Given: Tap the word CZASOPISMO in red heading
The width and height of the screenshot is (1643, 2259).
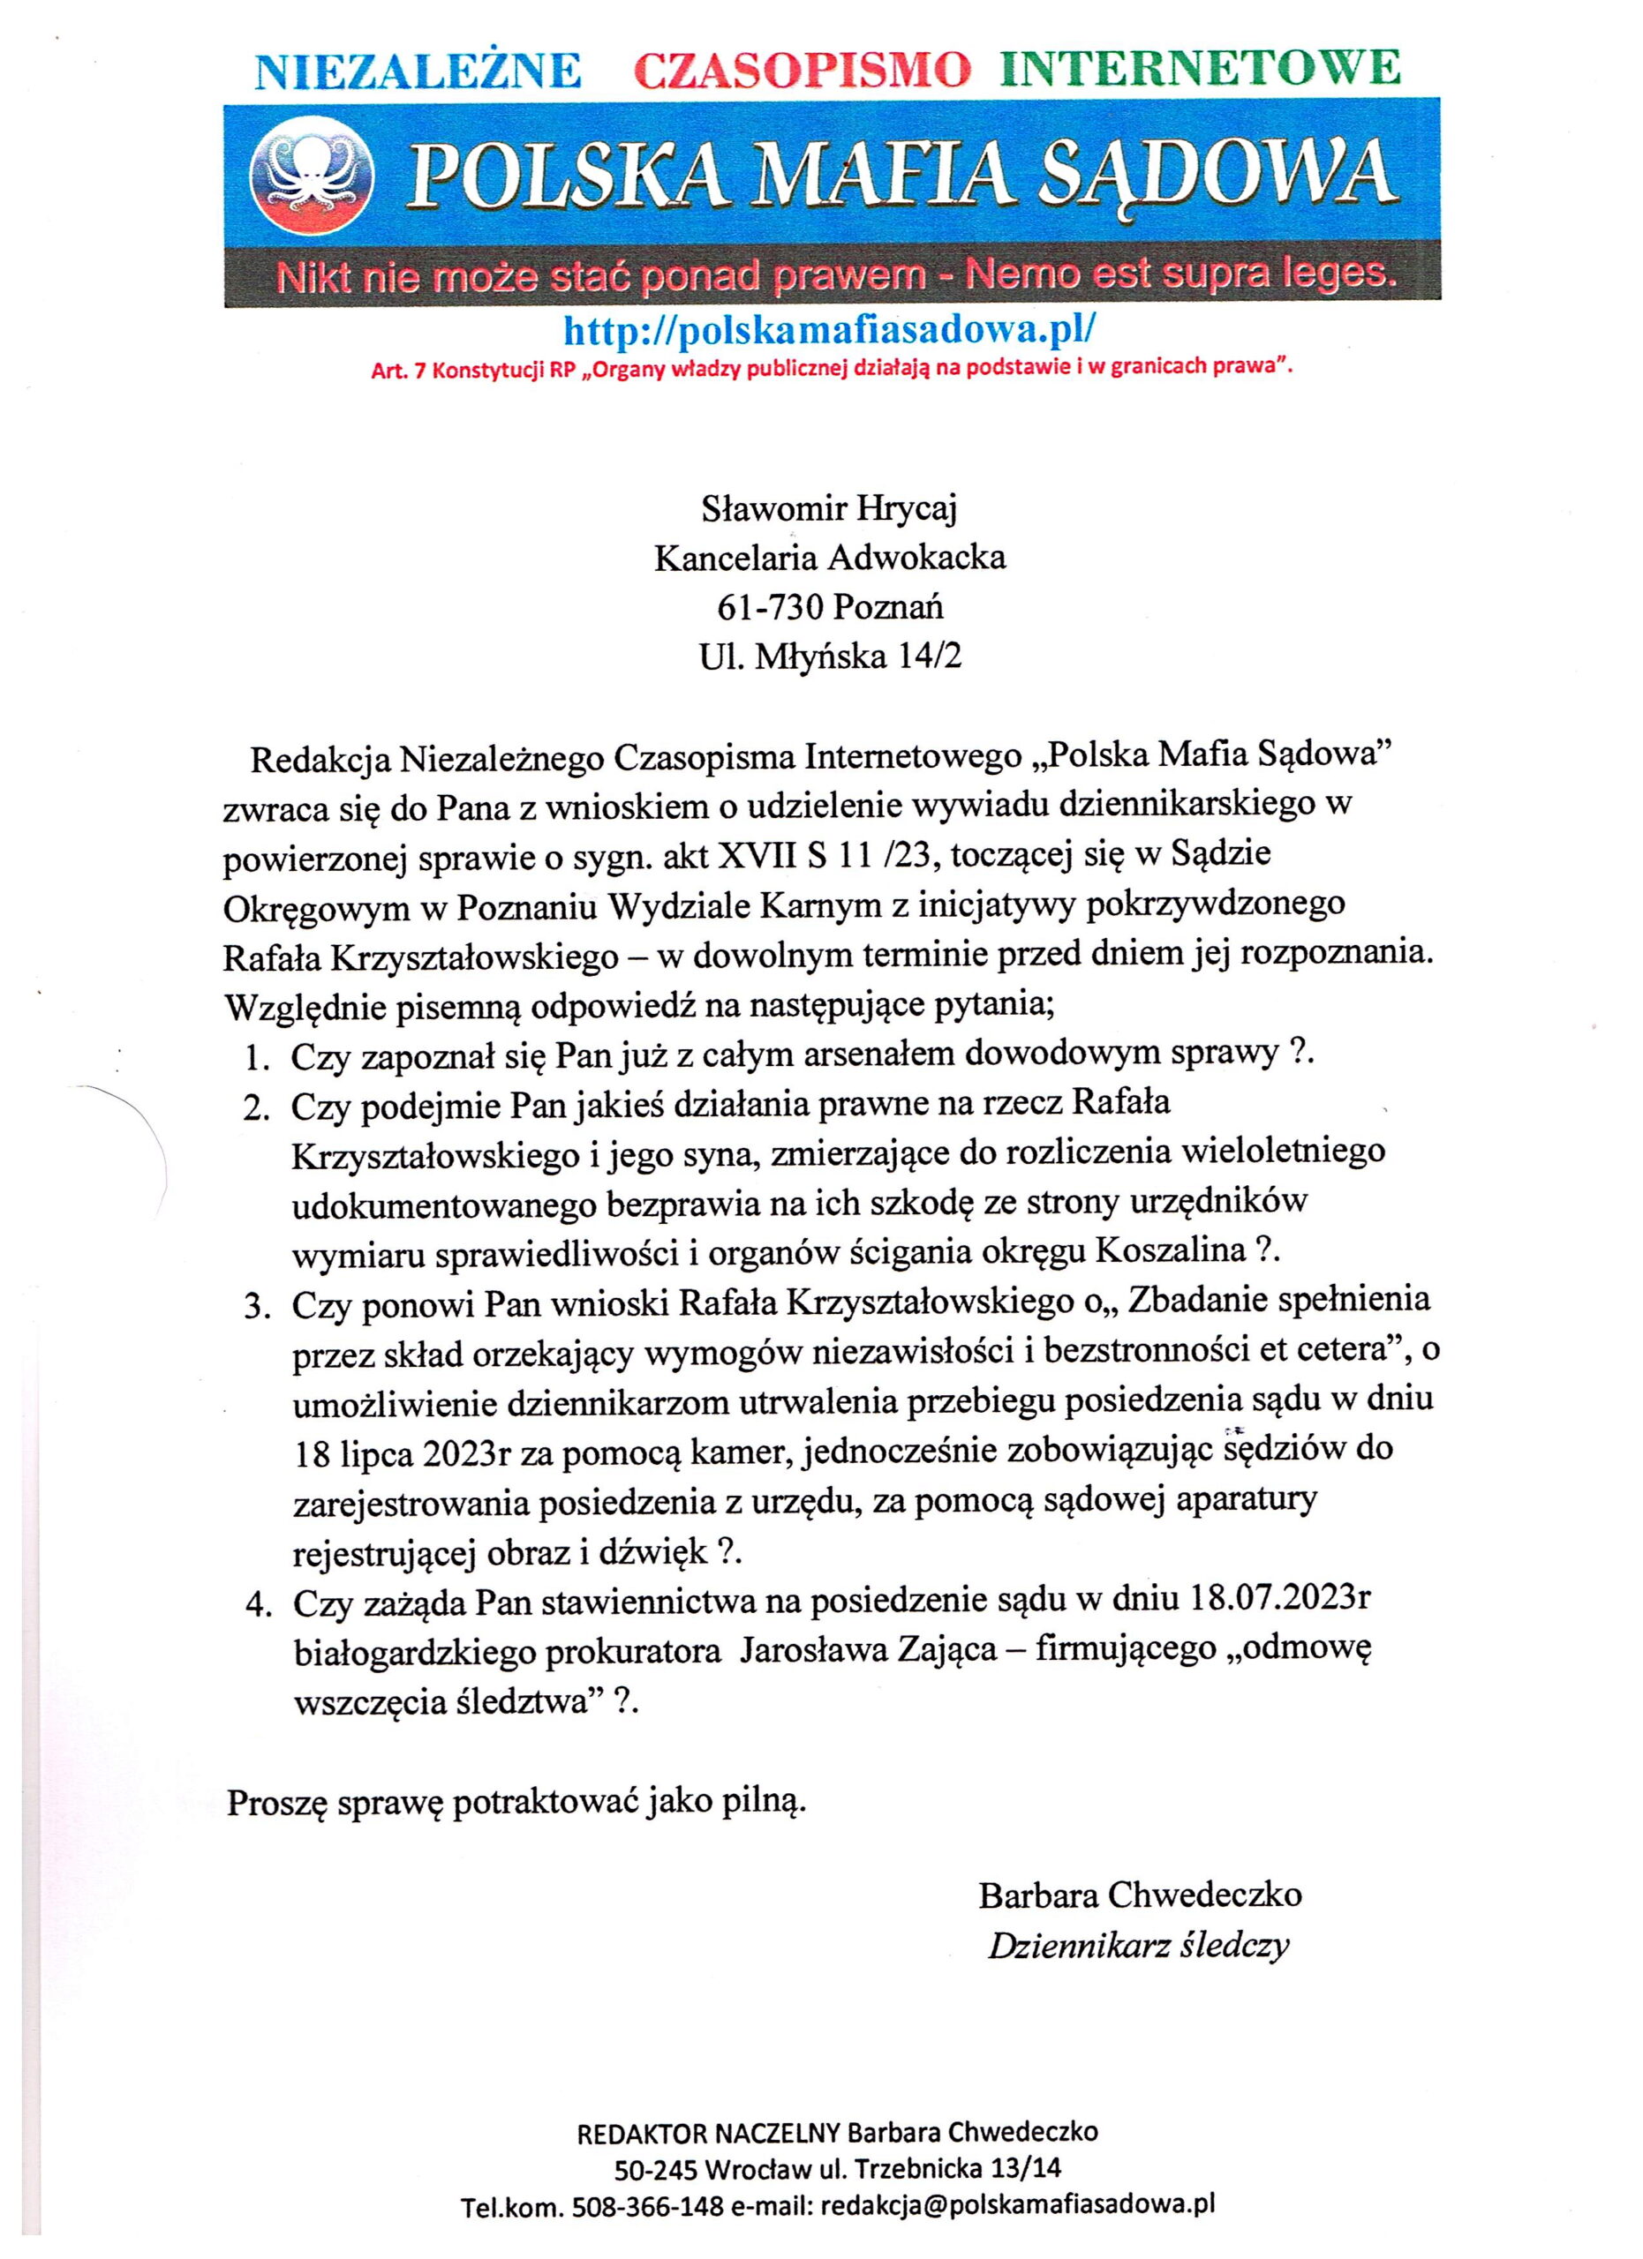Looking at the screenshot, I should pyautogui.click(x=802, y=69).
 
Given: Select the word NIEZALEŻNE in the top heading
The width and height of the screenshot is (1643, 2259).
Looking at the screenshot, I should pyautogui.click(x=418, y=70).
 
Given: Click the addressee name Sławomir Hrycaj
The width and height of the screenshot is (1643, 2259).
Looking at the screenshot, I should pyautogui.click(x=829, y=509).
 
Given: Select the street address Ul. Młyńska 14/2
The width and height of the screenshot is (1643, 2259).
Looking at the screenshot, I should pyautogui.click(x=830, y=657).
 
